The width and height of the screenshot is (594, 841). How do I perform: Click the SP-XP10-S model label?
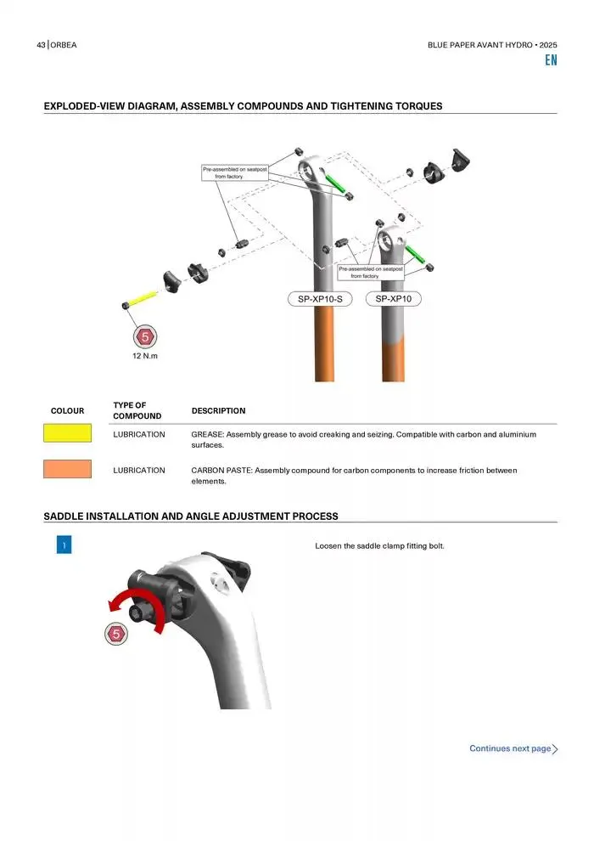pyautogui.click(x=320, y=299)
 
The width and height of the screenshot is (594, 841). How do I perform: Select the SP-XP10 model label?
pyautogui.click(x=393, y=299)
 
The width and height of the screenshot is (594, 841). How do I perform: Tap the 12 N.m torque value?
pyautogui.click(x=145, y=356)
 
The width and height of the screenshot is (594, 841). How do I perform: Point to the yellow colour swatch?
pyautogui.click(x=68, y=433)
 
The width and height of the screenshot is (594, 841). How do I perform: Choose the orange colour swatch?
pyautogui.click(x=68, y=469)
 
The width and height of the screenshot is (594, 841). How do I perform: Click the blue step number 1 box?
pyautogui.click(x=64, y=545)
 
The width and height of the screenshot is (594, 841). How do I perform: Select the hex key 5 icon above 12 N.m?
pyautogui.click(x=145, y=337)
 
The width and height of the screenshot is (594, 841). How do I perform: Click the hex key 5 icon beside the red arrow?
pyautogui.click(x=115, y=634)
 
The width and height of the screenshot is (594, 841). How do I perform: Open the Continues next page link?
pyautogui.click(x=513, y=748)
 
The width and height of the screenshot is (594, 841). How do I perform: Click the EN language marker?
pyautogui.click(x=552, y=60)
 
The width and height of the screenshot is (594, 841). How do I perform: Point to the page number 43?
pyautogui.click(x=42, y=45)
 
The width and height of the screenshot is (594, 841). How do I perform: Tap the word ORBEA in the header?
pyautogui.click(x=64, y=45)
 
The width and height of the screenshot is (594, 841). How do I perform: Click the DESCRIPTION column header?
pyautogui.click(x=219, y=411)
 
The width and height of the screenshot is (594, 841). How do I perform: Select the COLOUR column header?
pyautogui.click(x=68, y=411)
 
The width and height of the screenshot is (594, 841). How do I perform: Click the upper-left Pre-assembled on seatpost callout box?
pyautogui.click(x=234, y=172)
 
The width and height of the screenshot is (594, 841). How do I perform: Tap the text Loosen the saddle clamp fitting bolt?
pyautogui.click(x=380, y=546)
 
